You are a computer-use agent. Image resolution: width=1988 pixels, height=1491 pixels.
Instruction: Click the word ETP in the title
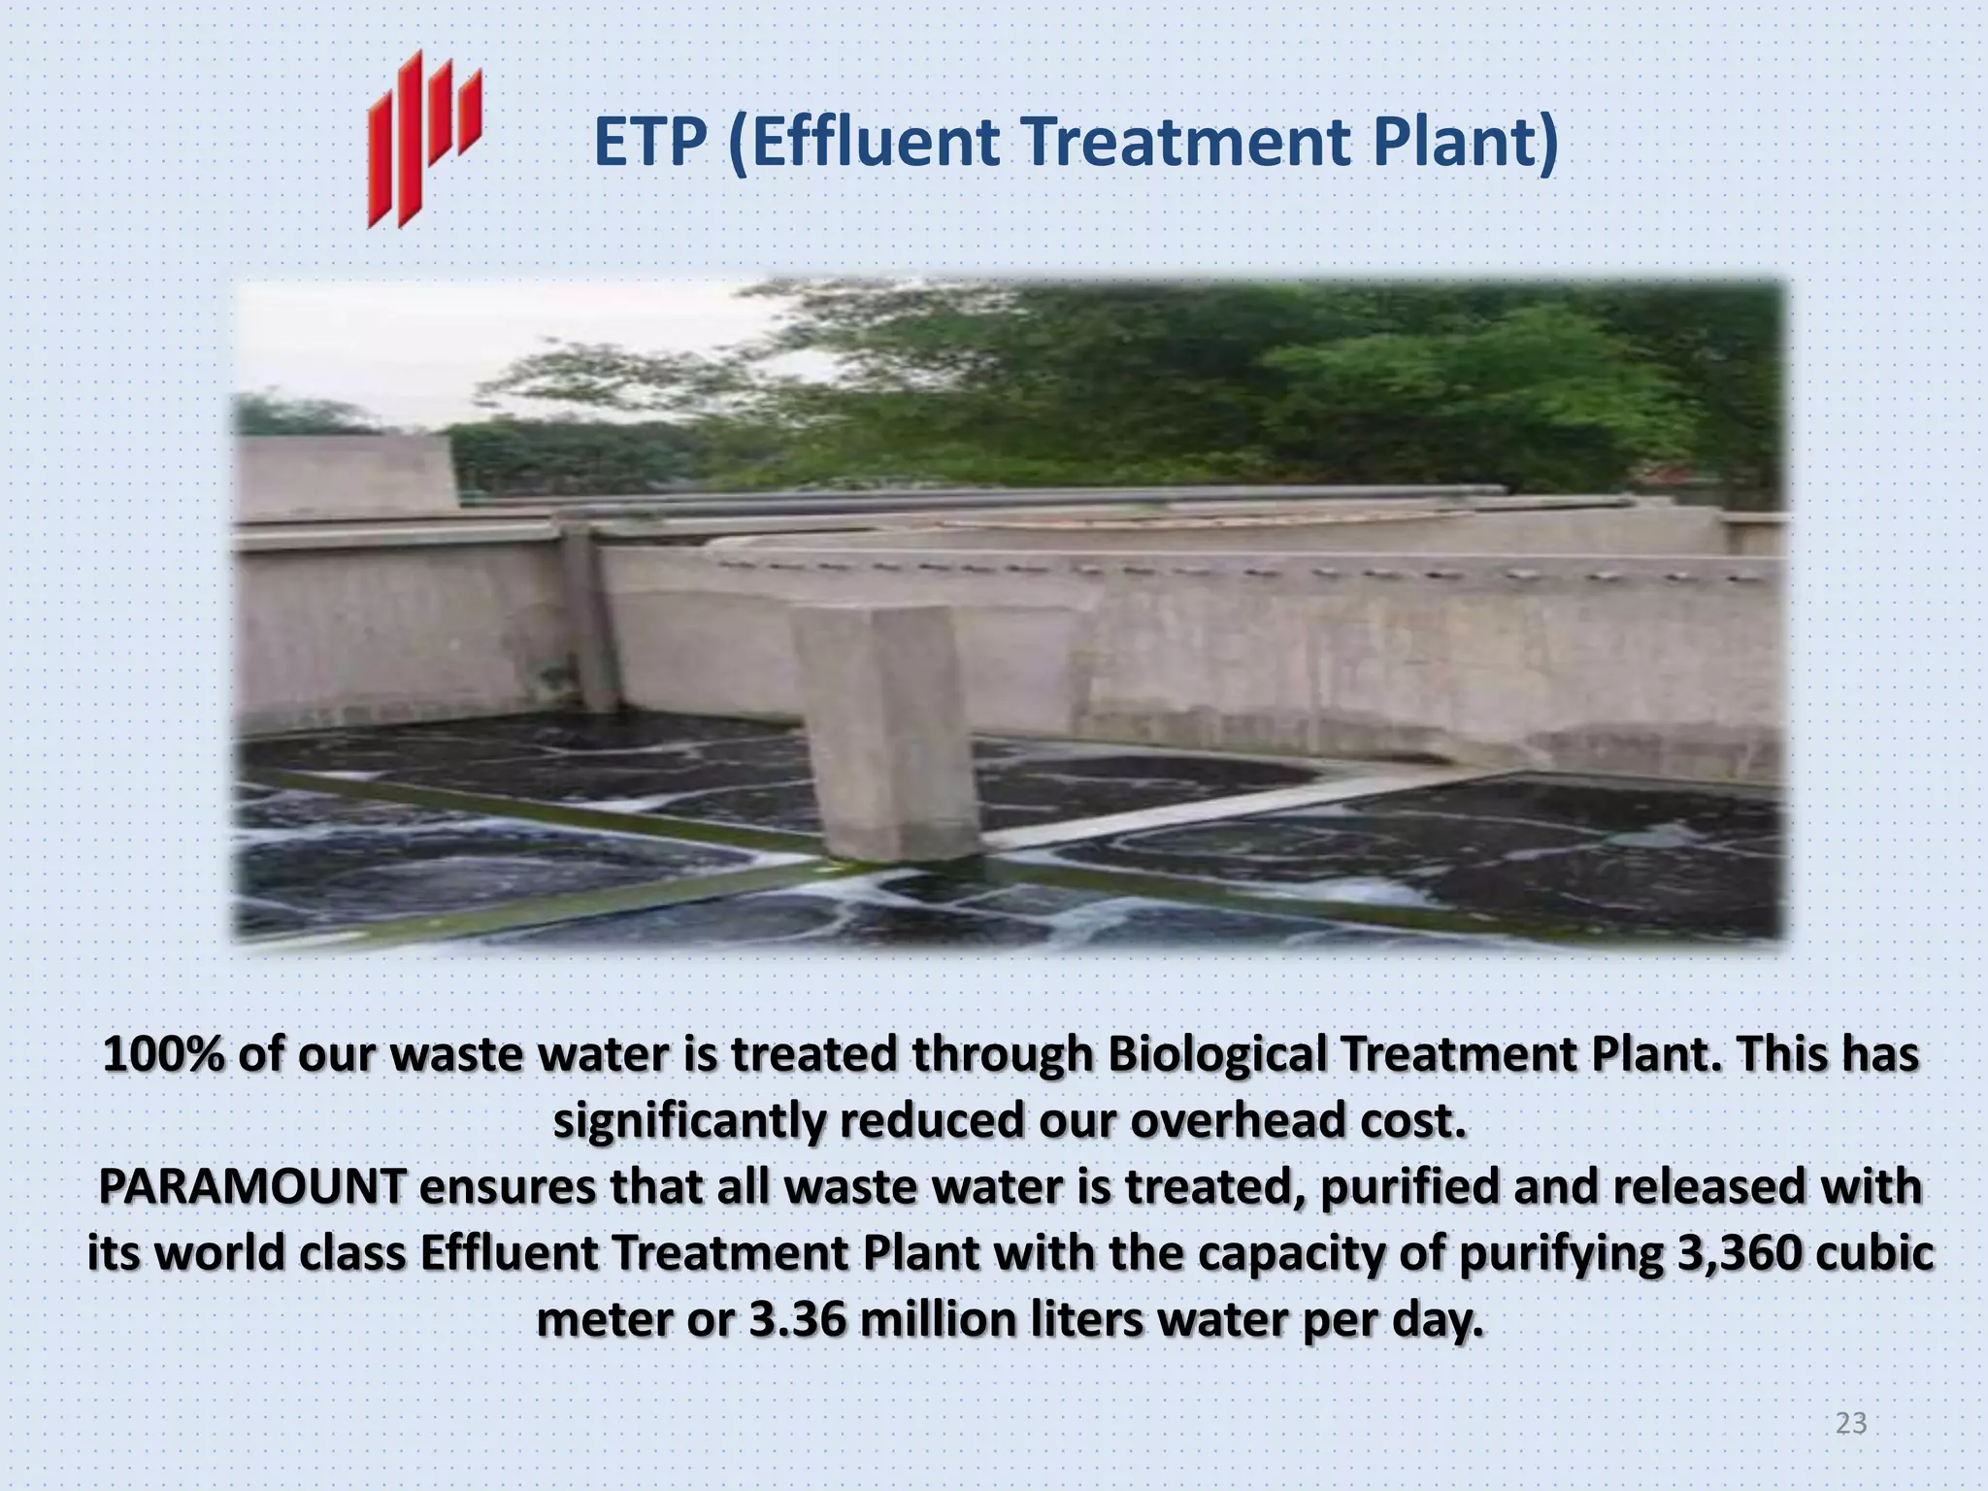pyautogui.click(x=649, y=143)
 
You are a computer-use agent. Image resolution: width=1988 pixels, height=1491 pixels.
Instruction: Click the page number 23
pyautogui.click(x=1851, y=1423)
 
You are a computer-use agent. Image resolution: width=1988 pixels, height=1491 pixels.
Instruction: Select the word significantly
pyautogui.click(x=689, y=1121)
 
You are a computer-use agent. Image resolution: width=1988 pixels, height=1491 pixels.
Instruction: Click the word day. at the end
pyautogui.click(x=1437, y=1319)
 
